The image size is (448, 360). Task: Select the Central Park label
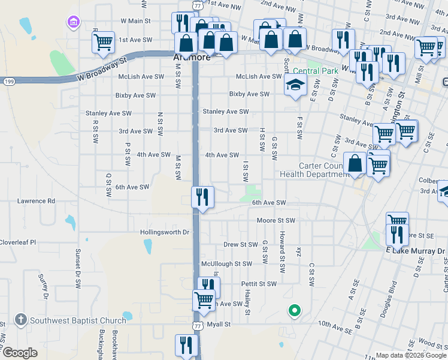[323, 71]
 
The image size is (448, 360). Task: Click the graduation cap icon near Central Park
[295, 85]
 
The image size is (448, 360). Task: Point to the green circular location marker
[294, 310]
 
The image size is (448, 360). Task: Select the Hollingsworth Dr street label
[165, 232]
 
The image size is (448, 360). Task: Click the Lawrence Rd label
[36, 201]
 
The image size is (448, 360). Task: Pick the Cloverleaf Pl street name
[18, 242]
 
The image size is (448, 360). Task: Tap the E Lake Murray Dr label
[416, 250]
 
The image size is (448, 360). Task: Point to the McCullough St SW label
[226, 263]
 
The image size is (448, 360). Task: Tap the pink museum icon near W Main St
[73, 23]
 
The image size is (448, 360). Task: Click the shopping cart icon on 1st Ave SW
[103, 42]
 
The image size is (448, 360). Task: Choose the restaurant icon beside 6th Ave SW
[202, 196]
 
